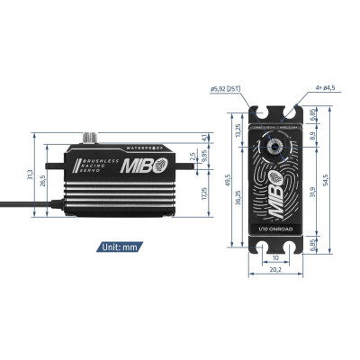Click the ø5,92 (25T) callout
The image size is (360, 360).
pos(225,89)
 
